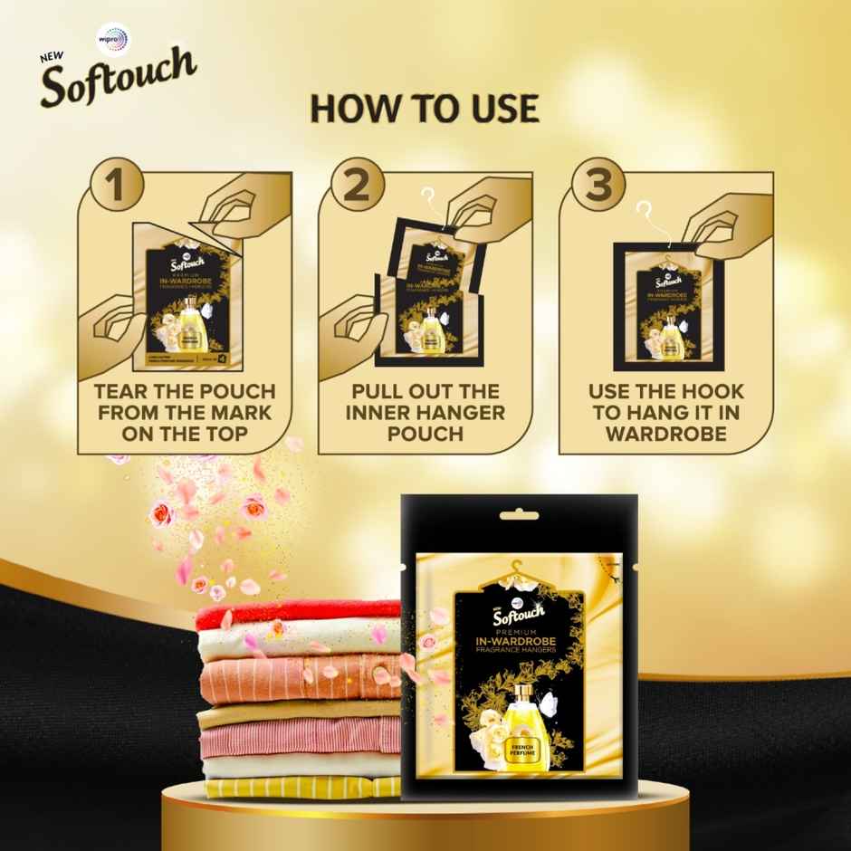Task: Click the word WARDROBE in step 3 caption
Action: click(666, 434)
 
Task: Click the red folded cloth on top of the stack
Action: click(299, 617)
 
